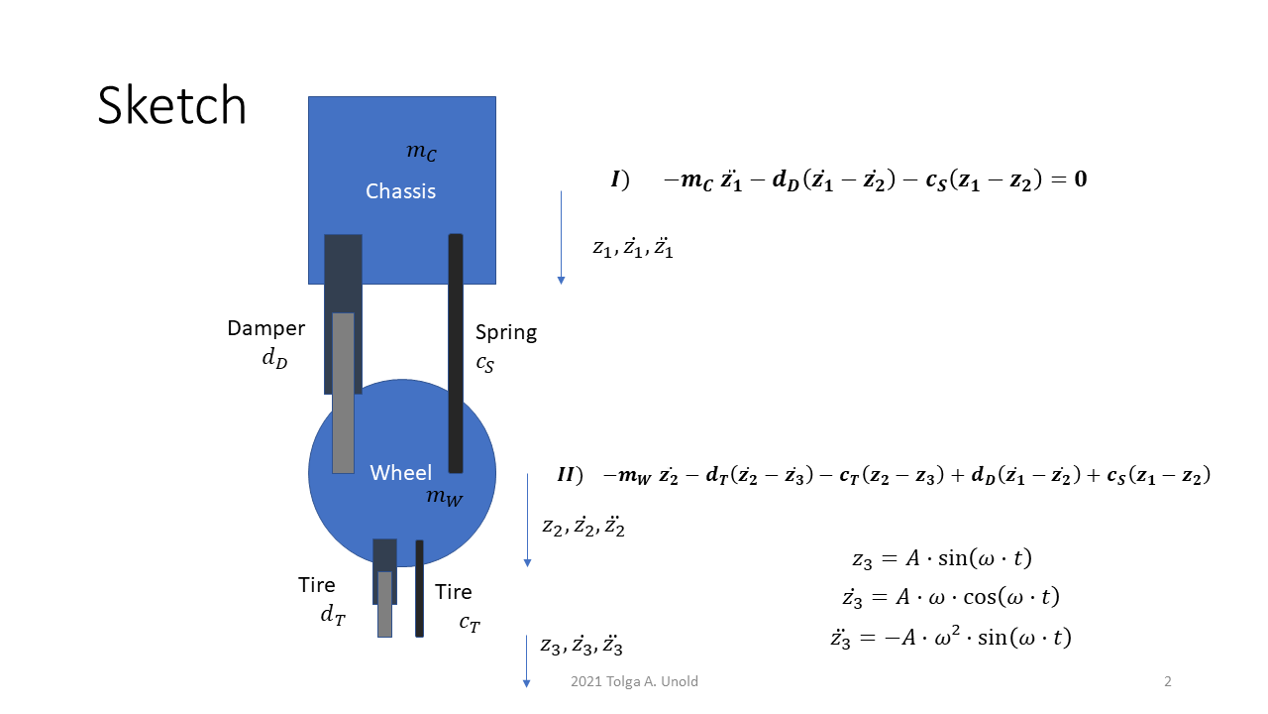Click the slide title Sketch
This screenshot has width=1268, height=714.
[x=171, y=105]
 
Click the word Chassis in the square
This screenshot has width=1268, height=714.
[x=400, y=191]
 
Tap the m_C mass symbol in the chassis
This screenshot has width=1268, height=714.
[x=421, y=153]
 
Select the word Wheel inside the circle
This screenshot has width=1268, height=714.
[x=400, y=473]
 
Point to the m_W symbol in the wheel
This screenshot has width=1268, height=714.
[x=444, y=498]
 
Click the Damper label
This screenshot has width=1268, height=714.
[x=265, y=328]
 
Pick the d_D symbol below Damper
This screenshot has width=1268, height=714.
[x=274, y=358]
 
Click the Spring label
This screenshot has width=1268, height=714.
[x=505, y=332]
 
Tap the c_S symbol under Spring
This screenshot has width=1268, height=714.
[x=484, y=363]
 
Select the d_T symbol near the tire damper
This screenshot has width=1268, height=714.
[x=332, y=615]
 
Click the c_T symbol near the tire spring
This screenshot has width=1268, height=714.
[x=470, y=623]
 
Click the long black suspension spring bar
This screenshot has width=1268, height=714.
[x=456, y=353]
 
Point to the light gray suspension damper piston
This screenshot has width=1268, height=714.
[x=343, y=393]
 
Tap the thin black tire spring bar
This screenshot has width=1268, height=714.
[x=419, y=588]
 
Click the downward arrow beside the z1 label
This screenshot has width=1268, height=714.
[x=561, y=238]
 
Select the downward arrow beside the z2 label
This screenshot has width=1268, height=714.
[x=527, y=520]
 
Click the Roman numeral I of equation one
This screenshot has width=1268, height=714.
[x=616, y=179]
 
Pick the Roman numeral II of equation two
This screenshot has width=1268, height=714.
[x=567, y=475]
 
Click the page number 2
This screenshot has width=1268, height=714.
[x=1168, y=681]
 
